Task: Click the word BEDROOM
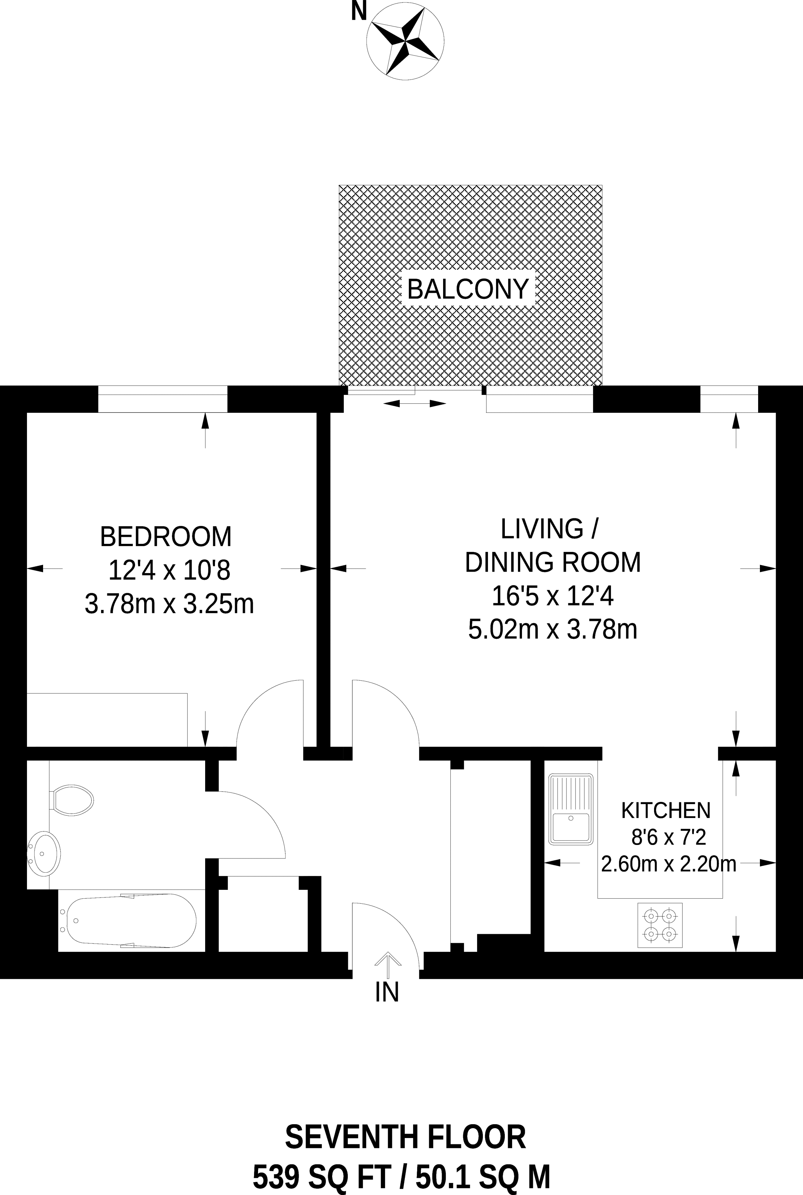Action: (x=166, y=537)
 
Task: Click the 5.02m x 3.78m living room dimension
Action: (x=553, y=629)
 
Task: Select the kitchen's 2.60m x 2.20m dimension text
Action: (x=668, y=864)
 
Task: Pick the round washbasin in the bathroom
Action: (x=44, y=853)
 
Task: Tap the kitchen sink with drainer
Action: (x=570, y=809)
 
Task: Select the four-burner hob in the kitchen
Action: (x=660, y=925)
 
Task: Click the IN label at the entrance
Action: (x=387, y=992)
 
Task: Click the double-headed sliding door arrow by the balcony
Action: (x=415, y=403)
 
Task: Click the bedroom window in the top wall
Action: (x=162, y=399)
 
